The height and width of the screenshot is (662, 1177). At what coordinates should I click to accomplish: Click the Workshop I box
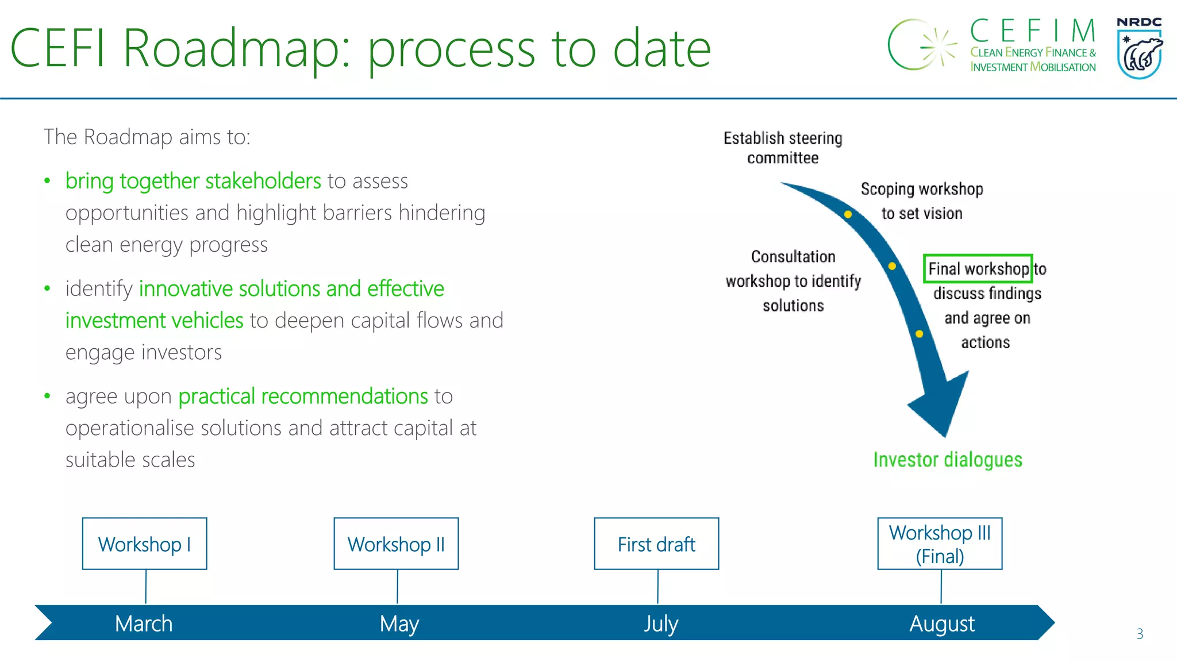144,544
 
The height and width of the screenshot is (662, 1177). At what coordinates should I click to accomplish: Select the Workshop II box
396,544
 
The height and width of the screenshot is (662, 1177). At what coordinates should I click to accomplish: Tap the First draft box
656,544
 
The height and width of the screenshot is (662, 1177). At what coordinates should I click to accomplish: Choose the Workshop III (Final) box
940,544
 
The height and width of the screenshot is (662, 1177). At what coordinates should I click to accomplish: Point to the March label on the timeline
144,623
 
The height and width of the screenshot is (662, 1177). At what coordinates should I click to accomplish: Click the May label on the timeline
399,623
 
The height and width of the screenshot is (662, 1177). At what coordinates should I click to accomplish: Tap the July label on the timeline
661,623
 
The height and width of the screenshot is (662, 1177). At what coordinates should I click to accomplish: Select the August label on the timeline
942,623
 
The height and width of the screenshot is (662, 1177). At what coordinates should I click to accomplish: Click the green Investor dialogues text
948,460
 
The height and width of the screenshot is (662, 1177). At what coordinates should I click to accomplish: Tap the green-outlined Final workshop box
978,268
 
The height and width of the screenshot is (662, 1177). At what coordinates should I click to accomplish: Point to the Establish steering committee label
783,148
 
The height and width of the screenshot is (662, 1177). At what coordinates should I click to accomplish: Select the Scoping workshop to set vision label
922,201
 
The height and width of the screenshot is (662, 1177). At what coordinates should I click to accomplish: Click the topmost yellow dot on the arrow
848,214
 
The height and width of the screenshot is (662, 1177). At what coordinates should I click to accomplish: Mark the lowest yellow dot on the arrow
919,334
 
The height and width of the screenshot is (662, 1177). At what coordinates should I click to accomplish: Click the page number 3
1140,634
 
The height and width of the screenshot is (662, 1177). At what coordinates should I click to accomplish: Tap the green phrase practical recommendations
303,397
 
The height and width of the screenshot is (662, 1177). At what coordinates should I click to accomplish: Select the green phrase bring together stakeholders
193,181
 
